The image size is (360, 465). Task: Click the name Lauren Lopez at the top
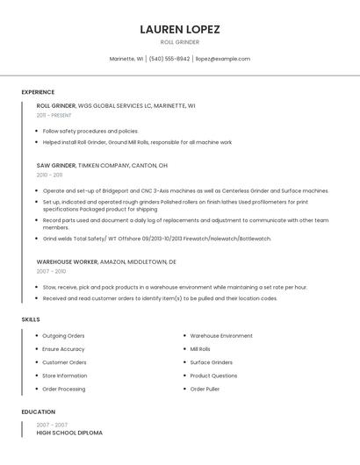[x=179, y=29]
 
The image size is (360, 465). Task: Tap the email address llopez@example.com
[x=222, y=59]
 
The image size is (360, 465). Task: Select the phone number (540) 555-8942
[x=169, y=59]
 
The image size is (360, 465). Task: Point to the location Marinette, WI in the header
[x=126, y=59]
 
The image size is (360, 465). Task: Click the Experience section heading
[x=38, y=92]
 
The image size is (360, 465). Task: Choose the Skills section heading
[x=31, y=319]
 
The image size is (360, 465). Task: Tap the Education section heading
[x=38, y=411]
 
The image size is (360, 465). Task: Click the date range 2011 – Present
[x=54, y=115]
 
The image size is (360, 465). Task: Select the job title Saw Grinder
[x=56, y=165]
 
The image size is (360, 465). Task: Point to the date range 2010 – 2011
[x=49, y=175]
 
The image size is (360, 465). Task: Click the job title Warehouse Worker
[x=67, y=261]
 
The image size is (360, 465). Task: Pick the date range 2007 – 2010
[x=51, y=271]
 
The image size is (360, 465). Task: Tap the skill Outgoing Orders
[x=63, y=336]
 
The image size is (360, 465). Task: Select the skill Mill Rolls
[x=200, y=349]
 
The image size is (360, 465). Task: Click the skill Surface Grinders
[x=211, y=362]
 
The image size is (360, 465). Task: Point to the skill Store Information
[x=64, y=376]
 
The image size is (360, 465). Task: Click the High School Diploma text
[x=69, y=433]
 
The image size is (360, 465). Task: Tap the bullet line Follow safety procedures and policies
[x=90, y=131]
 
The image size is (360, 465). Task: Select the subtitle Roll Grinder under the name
[x=179, y=42]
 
